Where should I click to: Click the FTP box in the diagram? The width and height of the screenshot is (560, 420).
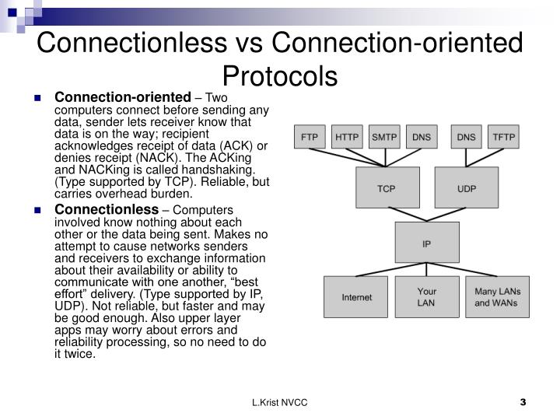coord(310,137)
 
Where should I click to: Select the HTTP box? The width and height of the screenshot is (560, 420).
coord(347,137)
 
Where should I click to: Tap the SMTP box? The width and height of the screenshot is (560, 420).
coord(384,137)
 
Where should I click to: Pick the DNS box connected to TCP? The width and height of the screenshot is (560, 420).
coord(421,137)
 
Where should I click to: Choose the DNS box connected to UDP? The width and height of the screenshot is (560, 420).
coord(466,137)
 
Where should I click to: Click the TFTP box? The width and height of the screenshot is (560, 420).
coord(503,137)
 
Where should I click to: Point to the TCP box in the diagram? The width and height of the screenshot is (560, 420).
coord(387,189)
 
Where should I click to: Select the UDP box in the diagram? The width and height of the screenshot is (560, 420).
coord(466,189)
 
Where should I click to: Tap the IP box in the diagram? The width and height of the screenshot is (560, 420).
coord(426,243)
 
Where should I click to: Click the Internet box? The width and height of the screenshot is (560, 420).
coord(356,297)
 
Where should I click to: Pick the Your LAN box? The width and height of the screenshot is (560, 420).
coord(426,297)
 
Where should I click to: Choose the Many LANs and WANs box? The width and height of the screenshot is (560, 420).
coord(497,297)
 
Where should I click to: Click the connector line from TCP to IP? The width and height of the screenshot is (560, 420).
coord(404,215)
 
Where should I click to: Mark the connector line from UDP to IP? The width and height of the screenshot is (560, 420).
coord(447,215)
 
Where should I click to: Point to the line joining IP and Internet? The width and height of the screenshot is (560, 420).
coord(389,269)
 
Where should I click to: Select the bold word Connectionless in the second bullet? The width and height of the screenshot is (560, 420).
coord(106,210)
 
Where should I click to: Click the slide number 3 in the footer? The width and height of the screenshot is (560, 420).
coord(523,402)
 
